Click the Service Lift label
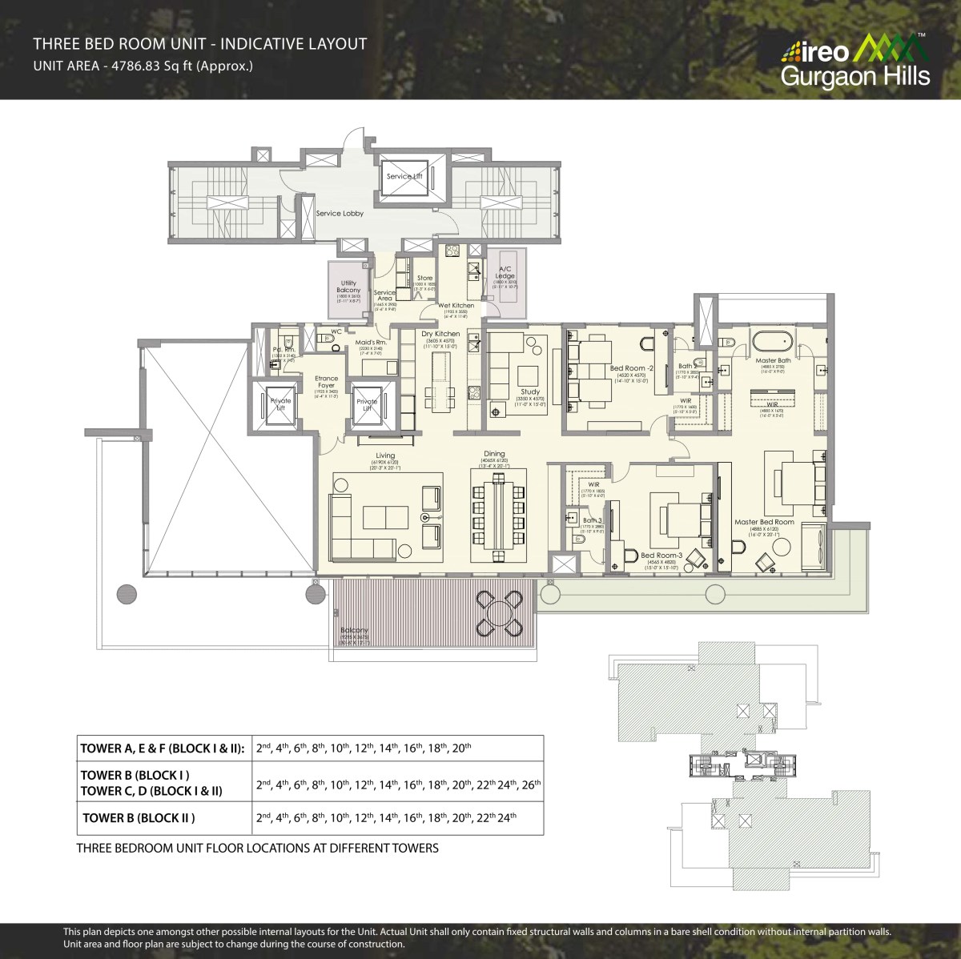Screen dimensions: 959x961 pos(404,176)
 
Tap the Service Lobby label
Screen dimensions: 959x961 pos(340,214)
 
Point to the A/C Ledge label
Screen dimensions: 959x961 pos(505,272)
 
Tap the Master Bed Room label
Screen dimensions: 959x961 pos(764,522)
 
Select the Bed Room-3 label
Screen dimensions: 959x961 pos(660,555)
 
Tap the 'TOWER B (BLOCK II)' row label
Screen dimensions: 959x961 pos(139,817)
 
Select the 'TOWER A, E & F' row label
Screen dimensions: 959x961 pos(163,749)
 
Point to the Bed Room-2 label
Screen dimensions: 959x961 pos(628,368)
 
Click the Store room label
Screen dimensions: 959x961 pos(424,278)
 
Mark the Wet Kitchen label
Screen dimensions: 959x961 pos(455,305)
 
